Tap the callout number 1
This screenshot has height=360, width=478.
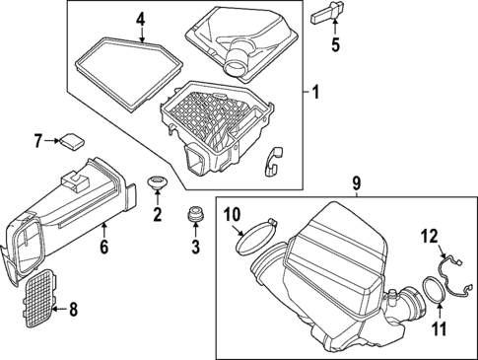315,92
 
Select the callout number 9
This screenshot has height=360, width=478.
357,183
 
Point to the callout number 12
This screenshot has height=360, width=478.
431,237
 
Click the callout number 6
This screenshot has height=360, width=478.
103,247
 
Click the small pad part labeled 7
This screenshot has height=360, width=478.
72,141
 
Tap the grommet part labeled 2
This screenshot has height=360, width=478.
157,182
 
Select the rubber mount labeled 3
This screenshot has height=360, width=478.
195,214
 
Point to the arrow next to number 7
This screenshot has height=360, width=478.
52,141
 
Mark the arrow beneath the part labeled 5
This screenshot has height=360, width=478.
335,28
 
